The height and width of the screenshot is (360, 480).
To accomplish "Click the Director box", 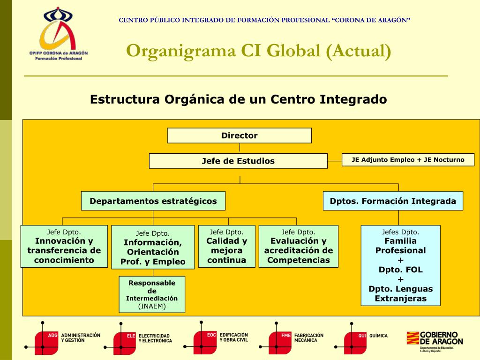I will tap(239, 135).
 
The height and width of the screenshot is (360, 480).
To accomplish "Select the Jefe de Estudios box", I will tap(238, 161).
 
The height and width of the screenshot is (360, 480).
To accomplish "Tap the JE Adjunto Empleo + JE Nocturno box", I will tap(408, 160).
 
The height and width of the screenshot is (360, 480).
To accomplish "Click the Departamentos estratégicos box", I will tap(153, 201).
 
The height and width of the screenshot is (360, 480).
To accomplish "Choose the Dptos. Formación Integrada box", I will tap(393, 201).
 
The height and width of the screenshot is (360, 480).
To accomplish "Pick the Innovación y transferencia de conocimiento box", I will tap(64, 246).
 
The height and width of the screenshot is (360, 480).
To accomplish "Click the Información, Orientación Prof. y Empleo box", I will tap(153, 247).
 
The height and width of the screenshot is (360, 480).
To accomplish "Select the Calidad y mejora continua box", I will tap(226, 246).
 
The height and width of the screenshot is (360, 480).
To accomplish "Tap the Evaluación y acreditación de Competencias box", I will tap(298, 246).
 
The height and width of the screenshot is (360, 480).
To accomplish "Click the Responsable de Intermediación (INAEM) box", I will tap(152, 294).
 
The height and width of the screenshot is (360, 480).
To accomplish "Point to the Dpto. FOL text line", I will tap(400, 270).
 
